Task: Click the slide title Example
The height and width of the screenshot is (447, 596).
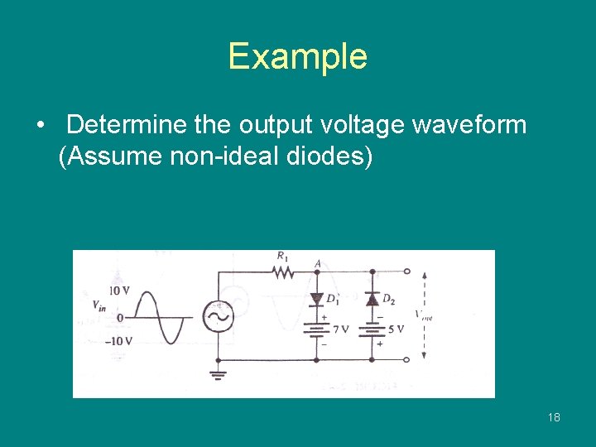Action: coord(297,56)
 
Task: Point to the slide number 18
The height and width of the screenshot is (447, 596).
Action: coord(554,417)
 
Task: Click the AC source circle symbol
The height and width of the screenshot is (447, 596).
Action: coord(219,315)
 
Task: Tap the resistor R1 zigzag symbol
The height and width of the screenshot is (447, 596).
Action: coord(284,271)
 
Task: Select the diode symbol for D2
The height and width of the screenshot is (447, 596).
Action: coord(372,298)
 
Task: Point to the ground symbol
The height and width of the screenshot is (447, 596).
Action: coord(219,374)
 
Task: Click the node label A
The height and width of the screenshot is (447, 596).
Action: coord(318,263)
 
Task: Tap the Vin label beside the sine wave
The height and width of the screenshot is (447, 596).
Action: coord(99,305)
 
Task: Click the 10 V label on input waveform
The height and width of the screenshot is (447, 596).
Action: coord(119,291)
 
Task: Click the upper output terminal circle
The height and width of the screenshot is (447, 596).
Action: coord(406,271)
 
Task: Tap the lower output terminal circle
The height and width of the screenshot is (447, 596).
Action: coord(406,359)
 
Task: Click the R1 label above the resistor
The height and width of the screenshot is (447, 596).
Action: coord(282,257)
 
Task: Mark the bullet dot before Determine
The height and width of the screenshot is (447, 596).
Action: coord(41,126)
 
